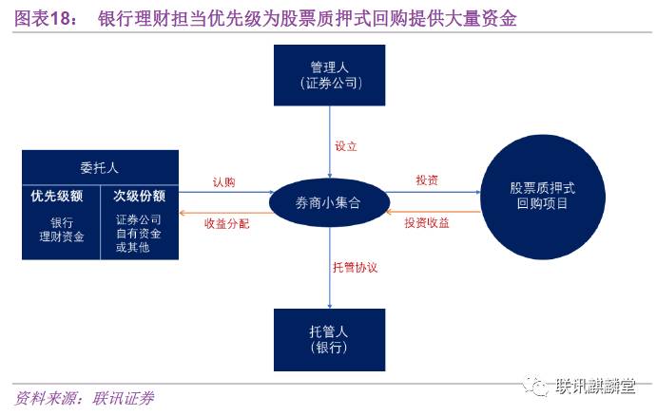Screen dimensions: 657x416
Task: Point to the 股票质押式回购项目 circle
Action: point(542,196)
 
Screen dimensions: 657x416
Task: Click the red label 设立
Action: point(346,147)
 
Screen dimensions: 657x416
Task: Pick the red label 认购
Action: point(224,181)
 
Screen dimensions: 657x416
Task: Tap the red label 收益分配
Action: point(224,222)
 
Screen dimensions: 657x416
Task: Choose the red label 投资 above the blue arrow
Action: point(427,180)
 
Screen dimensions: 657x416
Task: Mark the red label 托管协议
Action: point(355,268)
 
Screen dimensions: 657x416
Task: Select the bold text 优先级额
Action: point(59,197)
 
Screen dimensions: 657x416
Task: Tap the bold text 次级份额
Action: point(140,197)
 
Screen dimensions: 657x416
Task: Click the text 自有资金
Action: point(139,234)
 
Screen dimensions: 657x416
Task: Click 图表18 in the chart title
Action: point(42,19)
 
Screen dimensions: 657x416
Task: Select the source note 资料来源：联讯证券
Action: point(85,398)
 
